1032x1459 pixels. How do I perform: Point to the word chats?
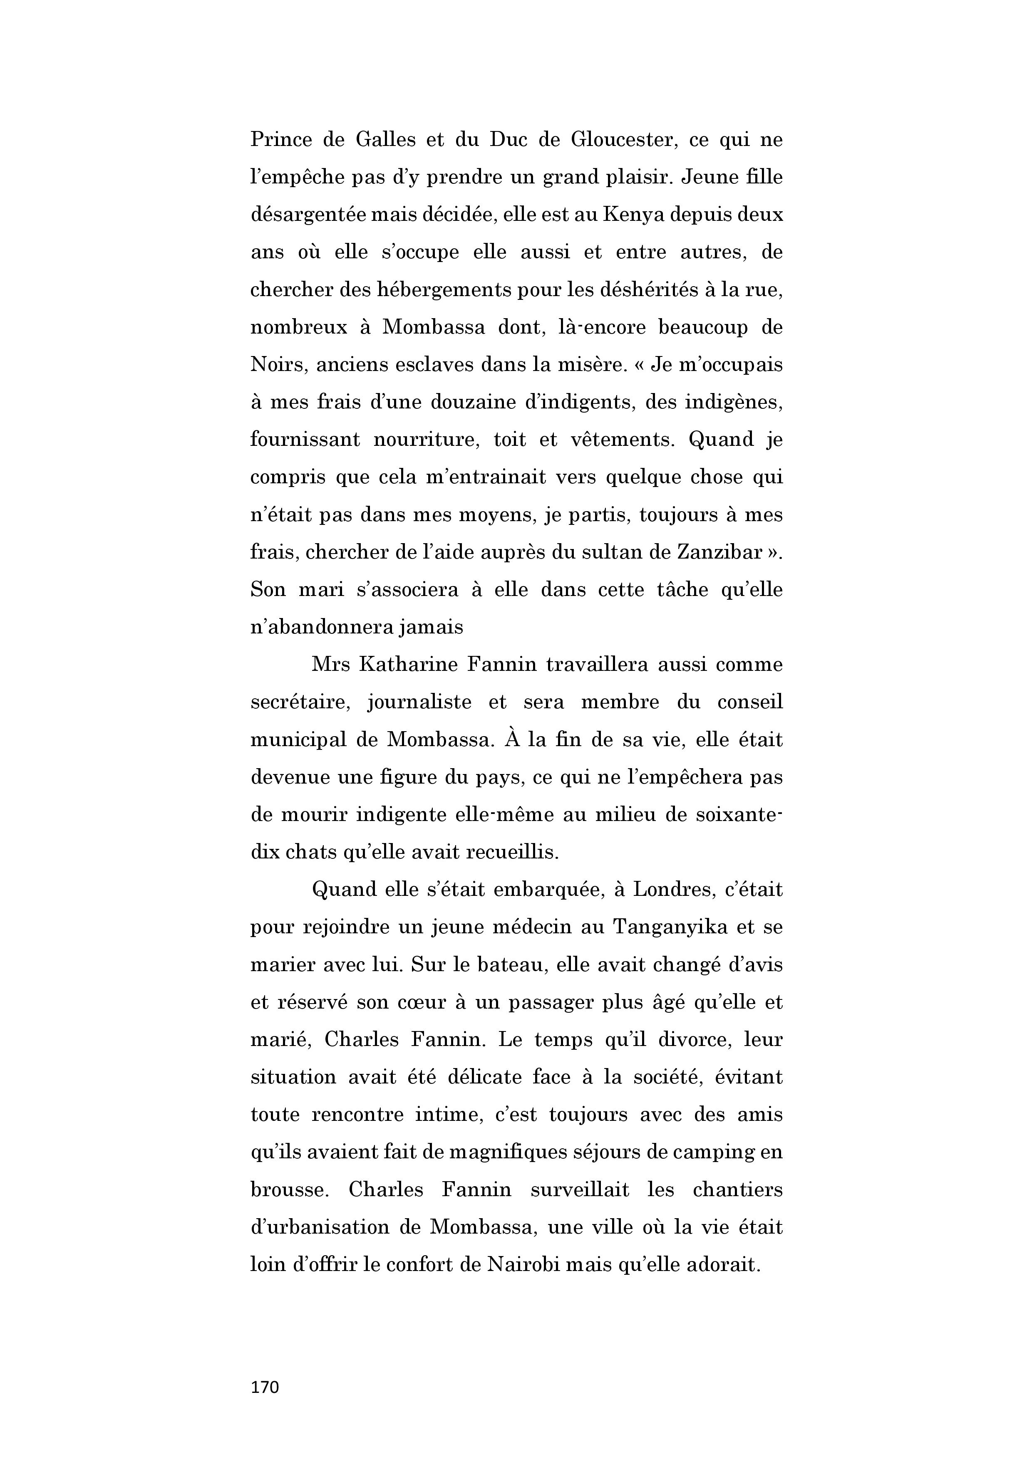point(310,852)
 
